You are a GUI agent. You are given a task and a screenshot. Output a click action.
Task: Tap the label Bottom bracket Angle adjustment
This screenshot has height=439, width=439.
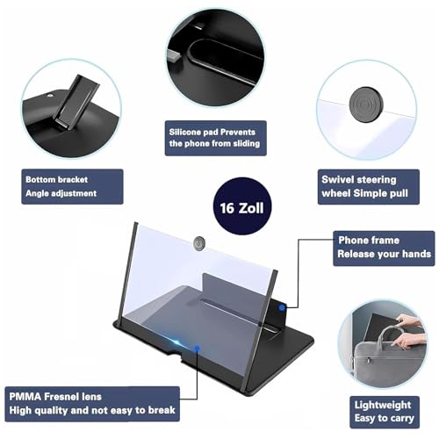(62, 185)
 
